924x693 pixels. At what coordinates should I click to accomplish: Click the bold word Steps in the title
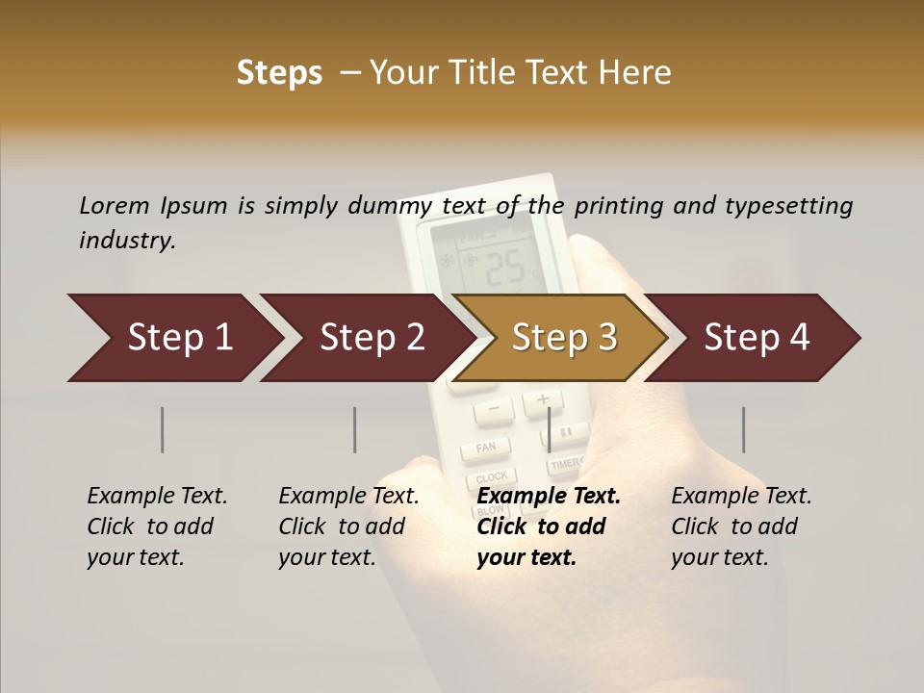click(x=279, y=73)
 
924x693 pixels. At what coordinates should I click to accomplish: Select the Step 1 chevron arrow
click(x=173, y=338)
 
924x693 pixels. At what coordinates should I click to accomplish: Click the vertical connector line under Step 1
click(x=163, y=429)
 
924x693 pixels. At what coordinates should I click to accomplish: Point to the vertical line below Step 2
click(x=355, y=429)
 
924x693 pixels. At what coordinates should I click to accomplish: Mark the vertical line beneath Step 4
click(x=743, y=429)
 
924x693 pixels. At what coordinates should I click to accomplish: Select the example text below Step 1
click(x=157, y=526)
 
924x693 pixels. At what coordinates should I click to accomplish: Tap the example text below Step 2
click(x=348, y=526)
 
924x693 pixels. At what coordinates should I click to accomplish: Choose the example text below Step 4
click(x=741, y=526)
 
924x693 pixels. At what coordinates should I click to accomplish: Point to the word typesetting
click(x=788, y=206)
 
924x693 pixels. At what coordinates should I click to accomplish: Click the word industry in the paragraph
click(x=126, y=241)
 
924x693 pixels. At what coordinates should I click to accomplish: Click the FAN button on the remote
click(x=486, y=448)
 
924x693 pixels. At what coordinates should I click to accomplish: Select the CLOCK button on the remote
click(x=491, y=476)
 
